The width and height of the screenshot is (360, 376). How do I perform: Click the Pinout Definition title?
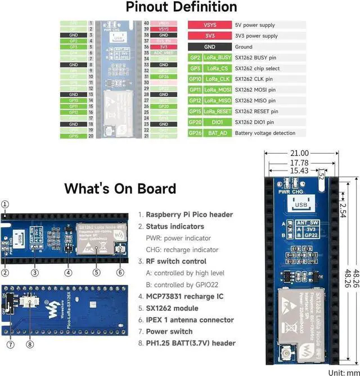[x=181, y=7]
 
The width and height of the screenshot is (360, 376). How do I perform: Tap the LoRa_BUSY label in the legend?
[x=217, y=57]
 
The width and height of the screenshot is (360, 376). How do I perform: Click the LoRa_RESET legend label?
[x=217, y=111]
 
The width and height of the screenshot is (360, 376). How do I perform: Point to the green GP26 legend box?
[x=195, y=133]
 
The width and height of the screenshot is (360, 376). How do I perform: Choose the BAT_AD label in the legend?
[x=217, y=133]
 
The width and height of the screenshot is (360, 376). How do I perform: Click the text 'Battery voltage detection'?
[x=265, y=133]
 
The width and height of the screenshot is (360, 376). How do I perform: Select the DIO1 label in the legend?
[x=217, y=122]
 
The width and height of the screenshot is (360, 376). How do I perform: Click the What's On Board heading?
[x=120, y=189]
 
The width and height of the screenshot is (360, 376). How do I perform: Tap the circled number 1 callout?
[x=5, y=204]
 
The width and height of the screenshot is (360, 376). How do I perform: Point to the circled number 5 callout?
[x=96, y=272]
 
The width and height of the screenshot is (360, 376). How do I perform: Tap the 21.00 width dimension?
[x=299, y=153]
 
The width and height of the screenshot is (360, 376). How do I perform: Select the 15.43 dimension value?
[x=296, y=171]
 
